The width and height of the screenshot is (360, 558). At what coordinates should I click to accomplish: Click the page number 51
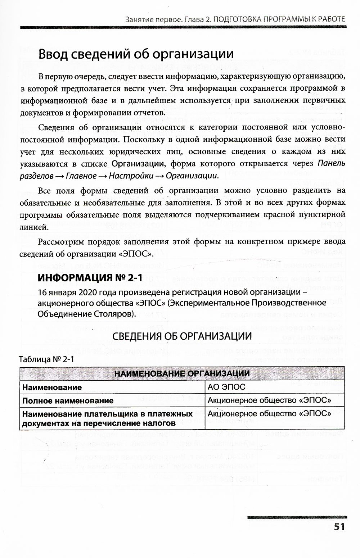pos(339,526)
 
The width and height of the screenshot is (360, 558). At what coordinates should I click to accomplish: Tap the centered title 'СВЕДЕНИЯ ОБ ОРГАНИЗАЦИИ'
pos(182,336)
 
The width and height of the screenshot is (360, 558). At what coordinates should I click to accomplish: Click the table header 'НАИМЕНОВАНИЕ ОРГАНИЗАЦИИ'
pos(182,373)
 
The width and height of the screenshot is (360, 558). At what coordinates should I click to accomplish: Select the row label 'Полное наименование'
pos(68,400)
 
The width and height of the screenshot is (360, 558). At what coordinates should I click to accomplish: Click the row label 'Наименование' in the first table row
pos(52,387)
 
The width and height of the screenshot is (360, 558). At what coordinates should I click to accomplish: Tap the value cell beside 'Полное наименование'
pos(269,400)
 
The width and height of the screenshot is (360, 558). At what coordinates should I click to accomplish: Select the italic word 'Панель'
pos(332,164)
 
